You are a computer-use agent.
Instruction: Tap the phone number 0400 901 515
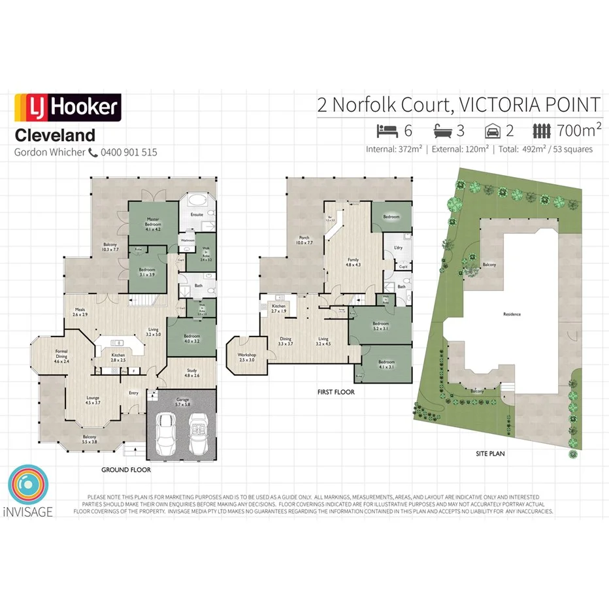tap(129, 152)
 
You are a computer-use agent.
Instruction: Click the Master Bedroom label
tap(153, 222)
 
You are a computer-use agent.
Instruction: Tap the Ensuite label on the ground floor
tap(197, 214)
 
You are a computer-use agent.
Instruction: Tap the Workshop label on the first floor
tap(247, 357)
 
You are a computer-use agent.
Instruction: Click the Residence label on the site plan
tap(512, 314)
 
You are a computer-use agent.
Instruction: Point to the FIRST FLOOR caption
tap(335, 393)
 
